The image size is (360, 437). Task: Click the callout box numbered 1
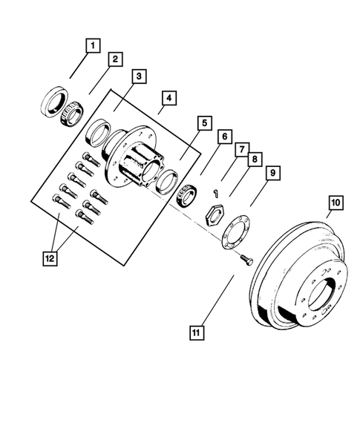coord(92,47)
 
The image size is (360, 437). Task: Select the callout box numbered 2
coord(116,59)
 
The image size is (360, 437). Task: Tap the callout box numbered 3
coord(139,76)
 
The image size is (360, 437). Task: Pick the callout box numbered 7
coord(242,150)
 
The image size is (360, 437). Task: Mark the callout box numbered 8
coord(254,159)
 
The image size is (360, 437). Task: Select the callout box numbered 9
coord(272,173)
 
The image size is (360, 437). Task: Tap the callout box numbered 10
coord(335,202)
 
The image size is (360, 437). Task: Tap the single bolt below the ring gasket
coord(247,257)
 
